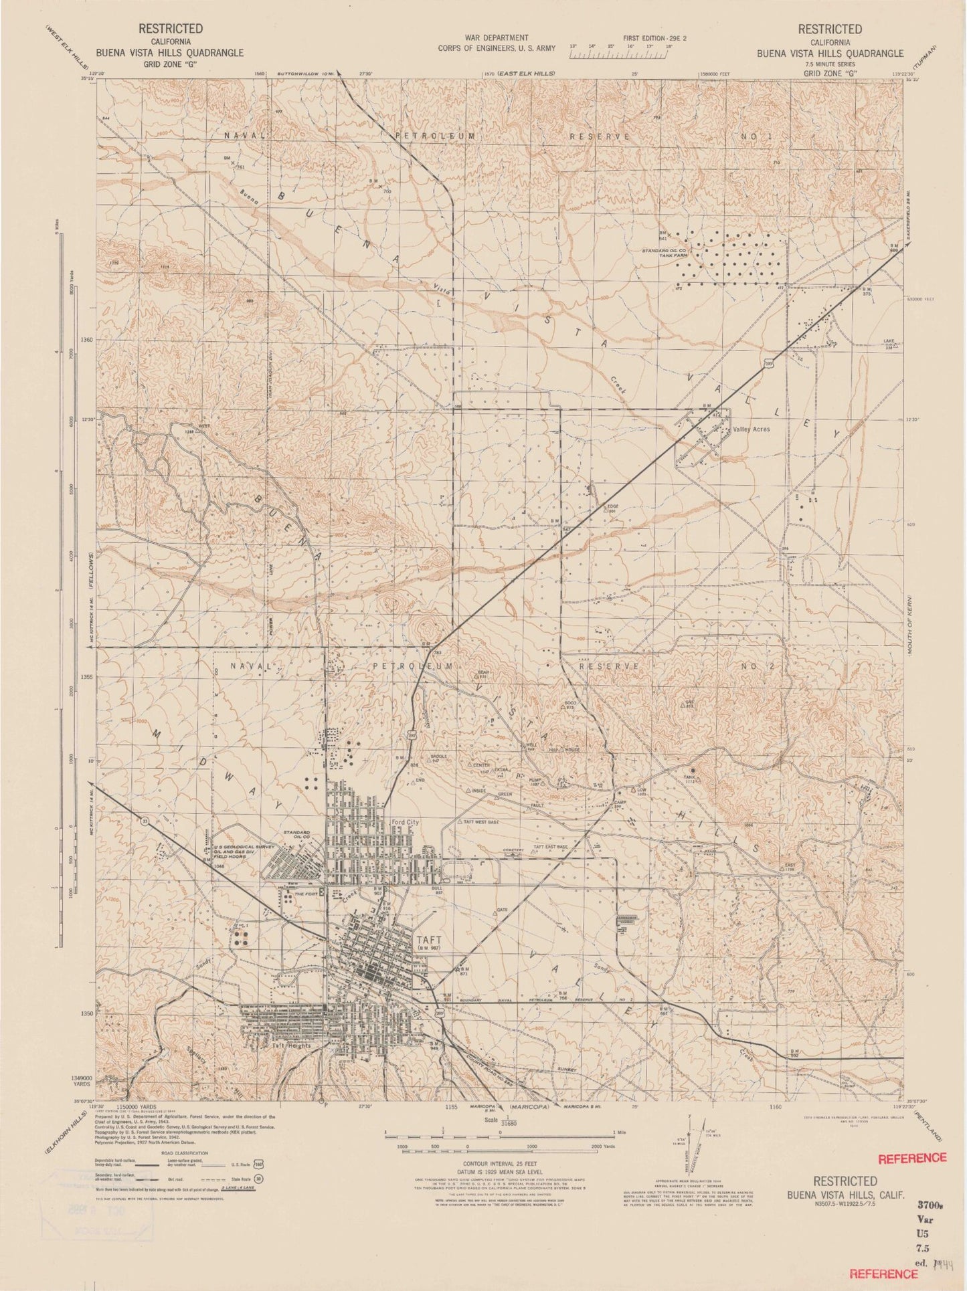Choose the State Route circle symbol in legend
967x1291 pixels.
(x=258, y=1179)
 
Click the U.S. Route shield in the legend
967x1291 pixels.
(x=257, y=1164)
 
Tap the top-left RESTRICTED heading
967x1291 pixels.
(x=161, y=29)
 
